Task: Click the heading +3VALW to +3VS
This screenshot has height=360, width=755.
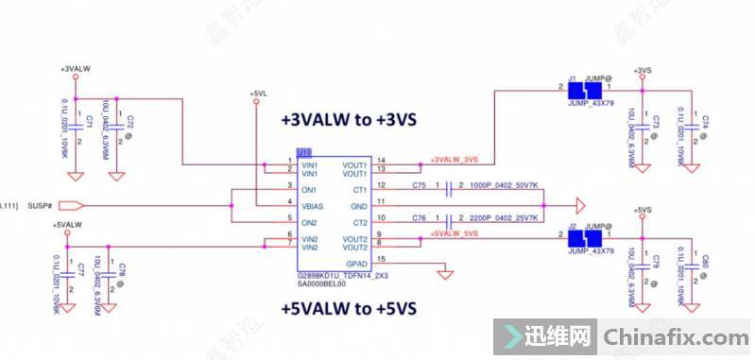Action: pos(349,120)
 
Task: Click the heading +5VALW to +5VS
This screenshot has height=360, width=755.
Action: pos(349,309)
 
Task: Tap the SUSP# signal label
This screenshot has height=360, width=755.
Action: pos(40,205)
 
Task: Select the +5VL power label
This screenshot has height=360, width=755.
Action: pos(259,94)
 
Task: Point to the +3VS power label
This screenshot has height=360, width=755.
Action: pos(644,70)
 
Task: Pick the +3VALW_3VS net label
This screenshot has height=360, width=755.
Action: pos(455,159)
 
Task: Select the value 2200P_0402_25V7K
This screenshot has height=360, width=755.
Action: pos(504,218)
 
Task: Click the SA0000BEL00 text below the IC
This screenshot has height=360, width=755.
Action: pos(321,283)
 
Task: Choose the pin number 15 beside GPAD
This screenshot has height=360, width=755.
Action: pos(381,259)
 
